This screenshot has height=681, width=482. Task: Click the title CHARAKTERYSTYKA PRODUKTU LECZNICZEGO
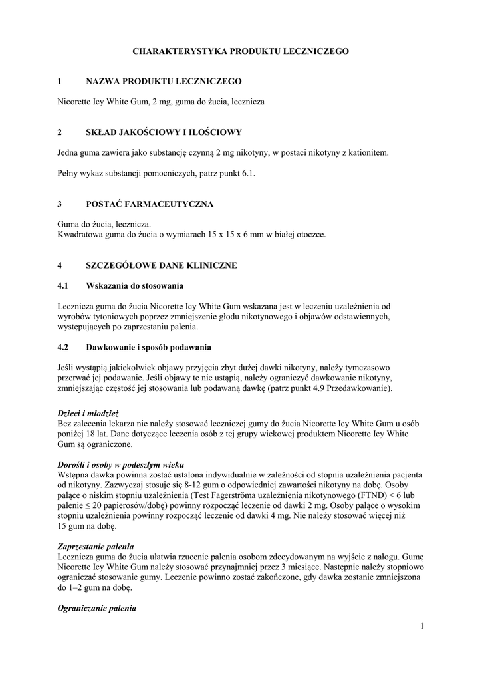(240, 51)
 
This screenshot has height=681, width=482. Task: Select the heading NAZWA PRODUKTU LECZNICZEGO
(164, 81)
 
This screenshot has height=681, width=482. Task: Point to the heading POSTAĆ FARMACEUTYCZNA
(150, 204)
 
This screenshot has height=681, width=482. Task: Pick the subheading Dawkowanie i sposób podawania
(148, 347)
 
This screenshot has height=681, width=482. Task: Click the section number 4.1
(63, 286)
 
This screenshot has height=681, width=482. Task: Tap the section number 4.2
(63, 347)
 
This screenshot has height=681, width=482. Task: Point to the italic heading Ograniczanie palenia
(96, 608)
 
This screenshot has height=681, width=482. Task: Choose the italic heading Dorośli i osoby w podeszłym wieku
(120, 464)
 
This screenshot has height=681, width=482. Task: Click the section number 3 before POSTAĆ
(59, 204)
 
